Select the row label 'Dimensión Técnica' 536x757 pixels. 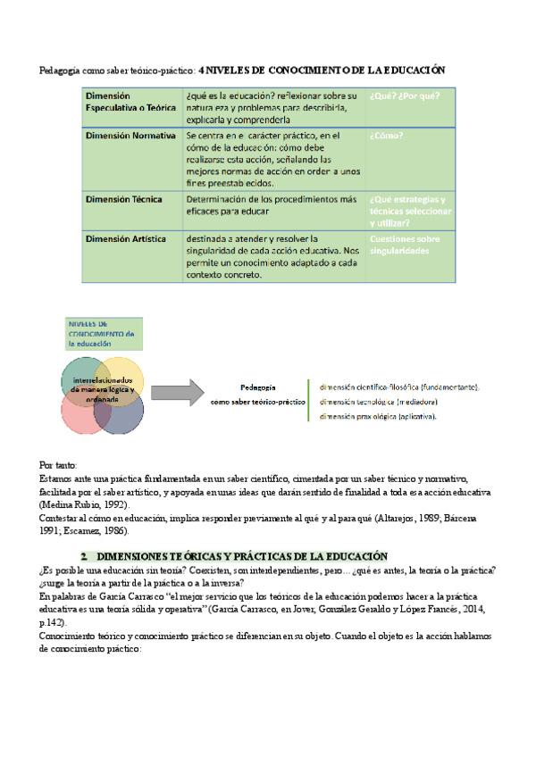tap(123, 199)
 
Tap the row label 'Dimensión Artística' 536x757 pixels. tap(125, 239)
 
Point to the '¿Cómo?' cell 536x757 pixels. tap(386, 137)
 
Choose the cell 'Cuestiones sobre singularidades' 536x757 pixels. tap(405, 245)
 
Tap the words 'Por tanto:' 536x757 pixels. tap(59, 466)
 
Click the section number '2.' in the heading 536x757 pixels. tap(84, 554)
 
